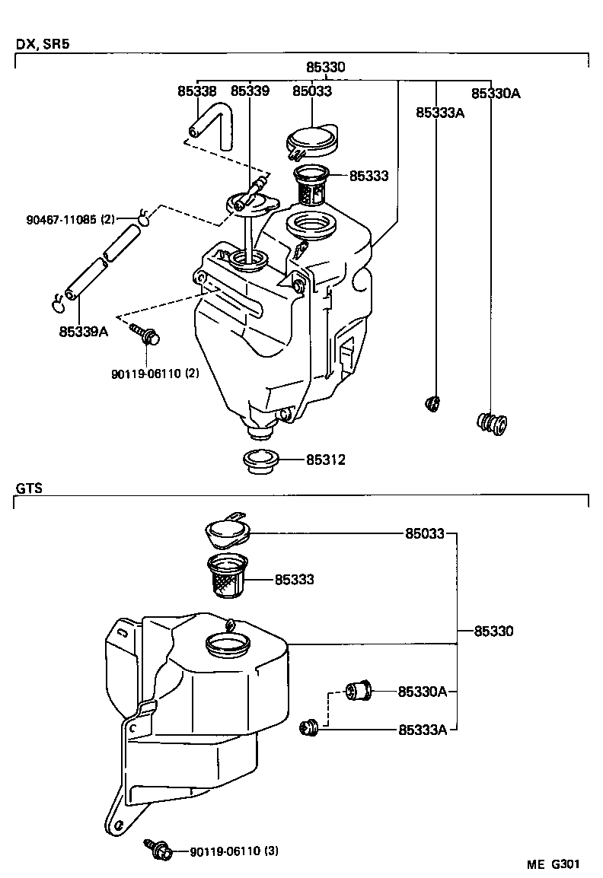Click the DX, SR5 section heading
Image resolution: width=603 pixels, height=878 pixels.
tap(43, 44)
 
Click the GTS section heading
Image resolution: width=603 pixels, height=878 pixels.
tap(29, 487)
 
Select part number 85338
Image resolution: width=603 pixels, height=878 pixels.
tap(196, 91)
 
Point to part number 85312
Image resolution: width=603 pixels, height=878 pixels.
tap(326, 460)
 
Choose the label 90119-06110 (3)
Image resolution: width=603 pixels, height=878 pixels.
tap(234, 851)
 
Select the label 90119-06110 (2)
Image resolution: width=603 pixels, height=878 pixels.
tap(155, 374)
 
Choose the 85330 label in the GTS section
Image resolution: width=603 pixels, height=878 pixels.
tap(493, 631)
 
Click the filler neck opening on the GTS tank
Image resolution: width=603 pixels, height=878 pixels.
tap(228, 646)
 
